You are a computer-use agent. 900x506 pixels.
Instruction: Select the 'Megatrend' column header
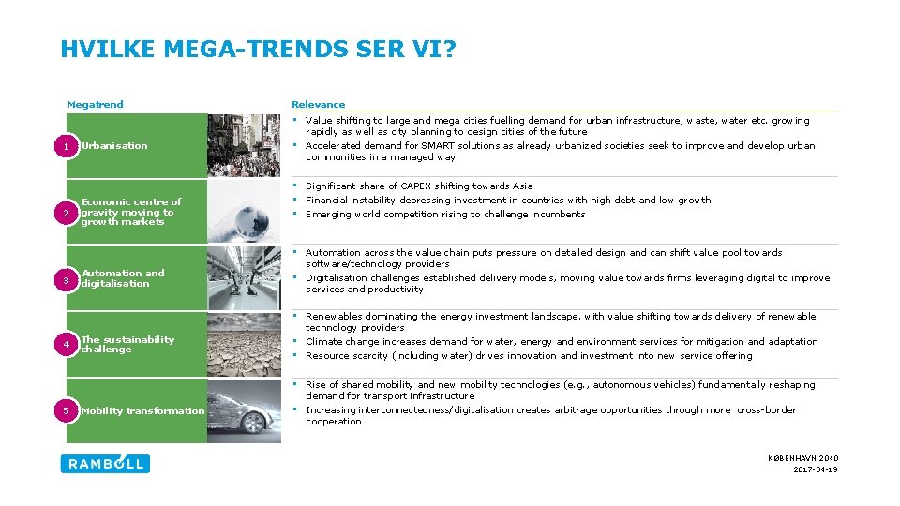click(x=95, y=104)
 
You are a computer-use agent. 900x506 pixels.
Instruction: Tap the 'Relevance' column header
click(x=318, y=104)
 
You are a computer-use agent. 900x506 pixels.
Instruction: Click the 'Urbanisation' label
click(x=114, y=145)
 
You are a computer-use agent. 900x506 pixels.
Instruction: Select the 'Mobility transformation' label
click(x=142, y=410)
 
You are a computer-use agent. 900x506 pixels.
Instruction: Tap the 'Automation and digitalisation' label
click(x=122, y=278)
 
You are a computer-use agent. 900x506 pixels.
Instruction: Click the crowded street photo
click(x=243, y=145)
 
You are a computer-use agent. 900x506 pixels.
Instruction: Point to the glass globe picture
click(x=243, y=212)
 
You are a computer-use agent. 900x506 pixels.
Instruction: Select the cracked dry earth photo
click(x=243, y=345)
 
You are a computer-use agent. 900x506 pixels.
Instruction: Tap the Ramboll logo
click(x=105, y=463)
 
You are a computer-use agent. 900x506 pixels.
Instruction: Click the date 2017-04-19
click(x=816, y=469)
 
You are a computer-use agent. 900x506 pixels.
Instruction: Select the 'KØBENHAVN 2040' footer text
click(x=802, y=458)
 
